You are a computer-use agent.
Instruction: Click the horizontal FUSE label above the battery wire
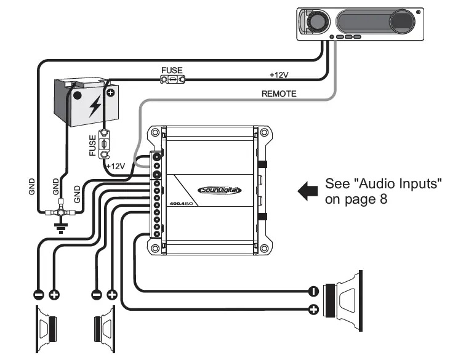[172, 71]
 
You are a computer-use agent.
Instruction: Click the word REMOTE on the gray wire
[279, 94]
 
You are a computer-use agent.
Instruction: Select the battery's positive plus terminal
[110, 94]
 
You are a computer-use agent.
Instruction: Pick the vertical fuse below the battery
[105, 143]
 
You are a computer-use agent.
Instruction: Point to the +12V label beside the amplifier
[116, 166]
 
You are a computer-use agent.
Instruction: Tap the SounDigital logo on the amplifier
[220, 190]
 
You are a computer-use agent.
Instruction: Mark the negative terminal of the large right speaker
[313, 291]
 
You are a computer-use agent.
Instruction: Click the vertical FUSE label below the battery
[92, 144]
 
